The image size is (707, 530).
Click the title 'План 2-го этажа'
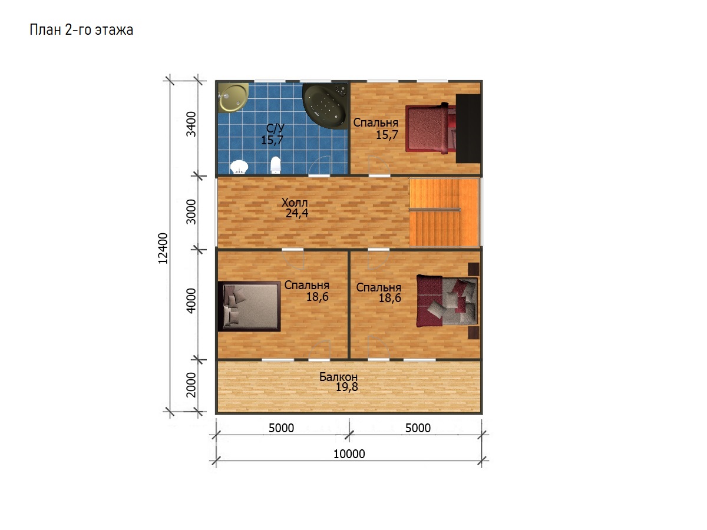(81, 29)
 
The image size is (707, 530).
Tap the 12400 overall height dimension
(163, 248)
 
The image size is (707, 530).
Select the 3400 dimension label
(191, 124)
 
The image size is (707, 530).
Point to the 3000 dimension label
(191, 211)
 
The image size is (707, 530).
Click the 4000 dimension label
(191, 300)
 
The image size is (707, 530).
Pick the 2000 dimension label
(191, 385)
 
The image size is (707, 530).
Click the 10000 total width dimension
(349, 453)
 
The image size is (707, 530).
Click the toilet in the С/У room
(275, 164)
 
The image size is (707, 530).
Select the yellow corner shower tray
(233, 98)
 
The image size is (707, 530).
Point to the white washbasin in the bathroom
(239, 167)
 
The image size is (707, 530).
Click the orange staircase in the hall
(444, 213)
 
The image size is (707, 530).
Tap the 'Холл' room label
(295, 203)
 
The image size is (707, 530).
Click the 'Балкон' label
(338, 376)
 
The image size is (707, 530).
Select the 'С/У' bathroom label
(275, 128)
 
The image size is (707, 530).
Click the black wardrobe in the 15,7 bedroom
(468, 128)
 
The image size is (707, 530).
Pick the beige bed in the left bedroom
(249, 306)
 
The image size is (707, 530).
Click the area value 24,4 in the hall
(297, 213)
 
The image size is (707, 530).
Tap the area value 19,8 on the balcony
(346, 387)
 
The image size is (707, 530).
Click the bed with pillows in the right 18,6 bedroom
(447, 301)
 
